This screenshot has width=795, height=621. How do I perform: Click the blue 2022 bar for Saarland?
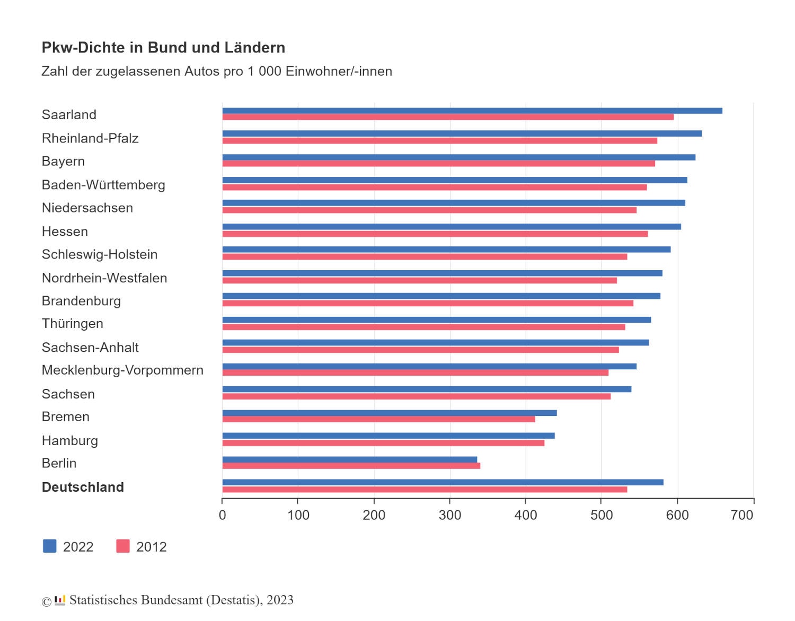[x=472, y=111]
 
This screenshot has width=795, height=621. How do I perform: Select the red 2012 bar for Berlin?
[x=351, y=466]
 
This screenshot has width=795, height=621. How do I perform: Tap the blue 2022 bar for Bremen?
[x=390, y=413]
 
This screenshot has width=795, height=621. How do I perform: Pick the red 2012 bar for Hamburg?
[x=383, y=443]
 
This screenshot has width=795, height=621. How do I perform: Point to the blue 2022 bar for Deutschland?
[x=443, y=482]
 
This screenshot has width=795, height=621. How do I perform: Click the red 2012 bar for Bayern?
[x=438, y=164]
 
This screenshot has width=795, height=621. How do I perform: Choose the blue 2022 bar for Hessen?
[x=452, y=227]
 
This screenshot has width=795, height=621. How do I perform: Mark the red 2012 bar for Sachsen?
[x=416, y=396]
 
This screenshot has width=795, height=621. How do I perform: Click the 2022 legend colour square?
[x=49, y=546]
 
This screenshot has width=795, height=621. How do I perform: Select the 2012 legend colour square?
[x=123, y=546]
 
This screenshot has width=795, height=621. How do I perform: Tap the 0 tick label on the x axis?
[x=223, y=515]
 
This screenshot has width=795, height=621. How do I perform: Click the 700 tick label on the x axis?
[x=742, y=515]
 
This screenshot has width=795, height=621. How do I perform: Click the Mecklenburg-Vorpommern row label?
[x=122, y=370]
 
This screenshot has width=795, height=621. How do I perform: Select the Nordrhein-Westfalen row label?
[x=104, y=278]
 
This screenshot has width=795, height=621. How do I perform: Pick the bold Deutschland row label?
[x=83, y=487]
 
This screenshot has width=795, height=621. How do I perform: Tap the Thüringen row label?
[x=73, y=324]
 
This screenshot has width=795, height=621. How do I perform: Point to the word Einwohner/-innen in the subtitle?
[x=339, y=72]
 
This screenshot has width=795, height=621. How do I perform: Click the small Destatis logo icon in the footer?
[x=60, y=600]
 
